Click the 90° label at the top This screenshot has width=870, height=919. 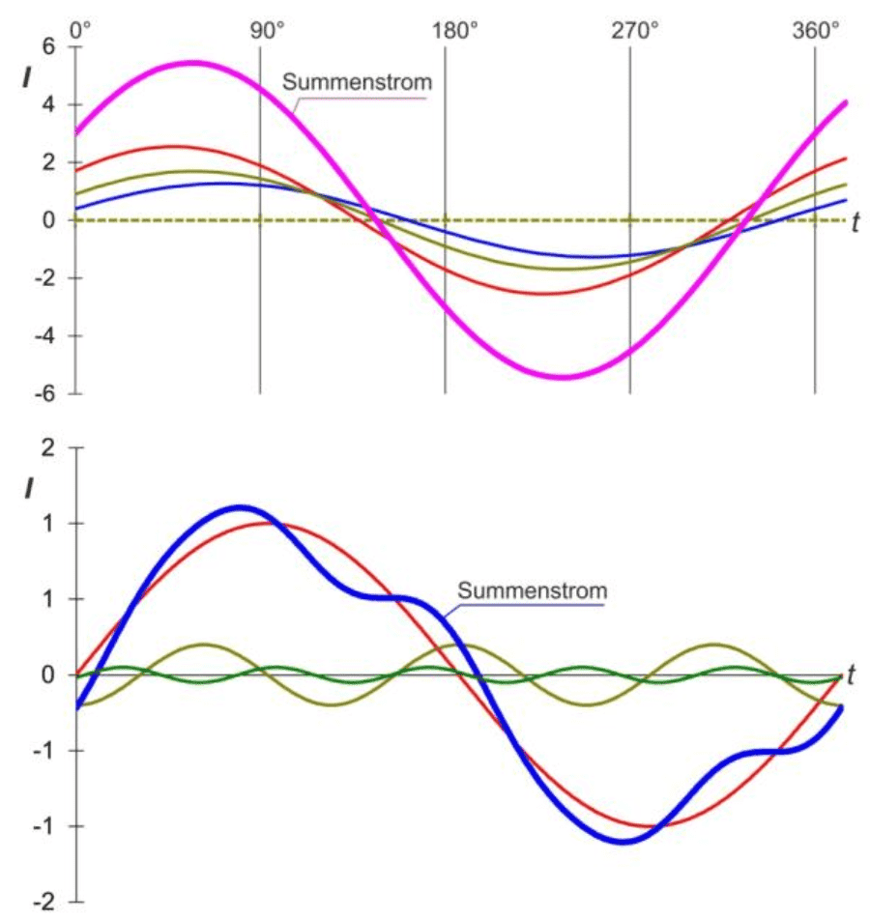(x=268, y=30)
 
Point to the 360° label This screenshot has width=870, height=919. (x=817, y=30)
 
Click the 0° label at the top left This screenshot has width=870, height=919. (x=81, y=30)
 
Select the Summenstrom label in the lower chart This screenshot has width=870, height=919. (x=533, y=589)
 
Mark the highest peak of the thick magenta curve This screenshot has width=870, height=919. (x=193, y=63)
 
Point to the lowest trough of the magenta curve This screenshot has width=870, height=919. (x=564, y=377)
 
